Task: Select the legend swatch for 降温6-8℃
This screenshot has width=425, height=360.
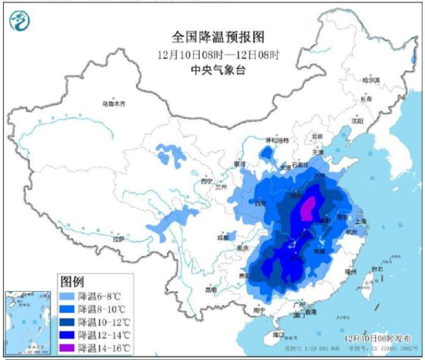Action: point(68,297)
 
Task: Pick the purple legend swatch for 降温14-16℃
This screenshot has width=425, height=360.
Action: point(68,348)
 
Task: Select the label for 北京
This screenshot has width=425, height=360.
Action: point(318,135)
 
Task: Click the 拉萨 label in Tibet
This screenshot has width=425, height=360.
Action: point(118,239)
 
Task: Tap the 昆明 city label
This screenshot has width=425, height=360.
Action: point(212,290)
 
